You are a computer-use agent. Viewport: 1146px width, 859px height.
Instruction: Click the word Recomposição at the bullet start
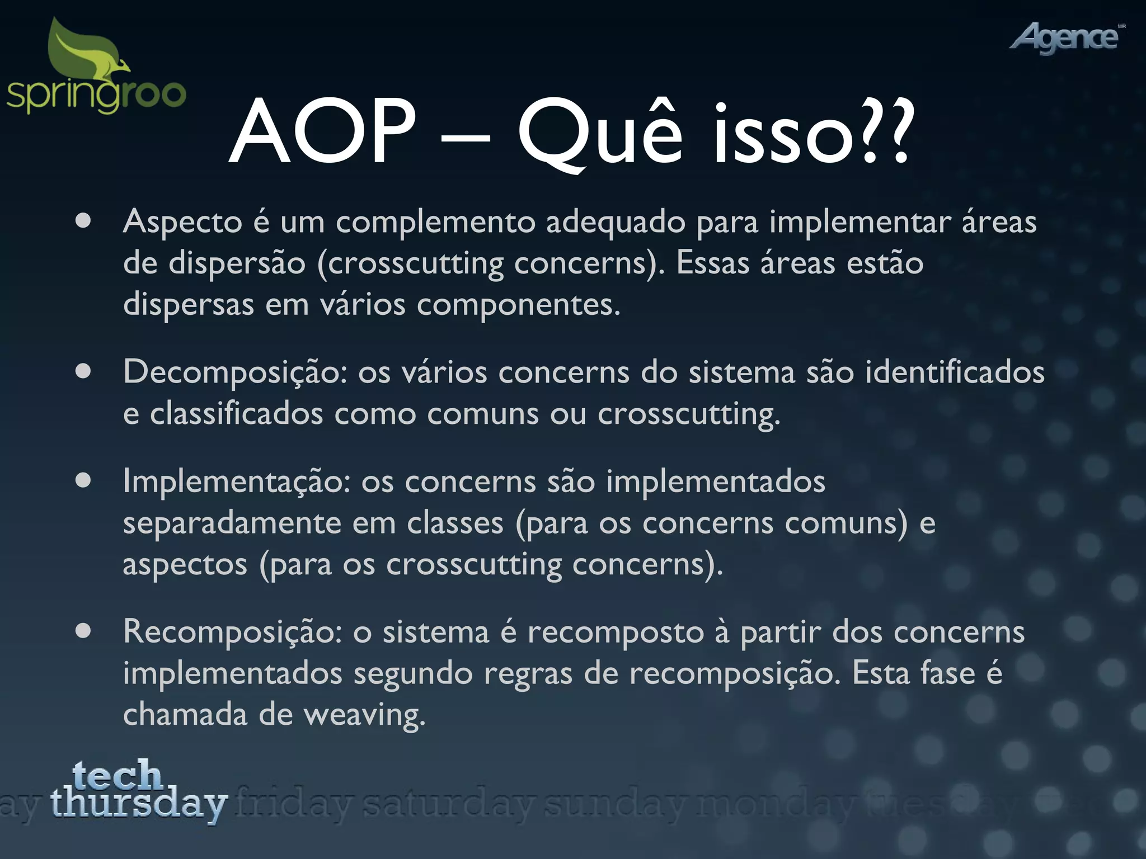pos(232,633)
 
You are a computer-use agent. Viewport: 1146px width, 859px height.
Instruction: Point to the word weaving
pos(364,715)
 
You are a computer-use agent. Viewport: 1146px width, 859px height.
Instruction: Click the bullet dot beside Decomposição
pos(83,371)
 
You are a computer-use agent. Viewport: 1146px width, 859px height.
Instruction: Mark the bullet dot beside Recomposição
pos(83,631)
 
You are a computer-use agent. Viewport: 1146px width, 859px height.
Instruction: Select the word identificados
pos(955,372)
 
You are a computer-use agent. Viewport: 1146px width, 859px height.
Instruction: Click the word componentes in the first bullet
pos(518,305)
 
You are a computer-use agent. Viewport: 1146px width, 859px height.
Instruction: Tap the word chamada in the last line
pos(185,715)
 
